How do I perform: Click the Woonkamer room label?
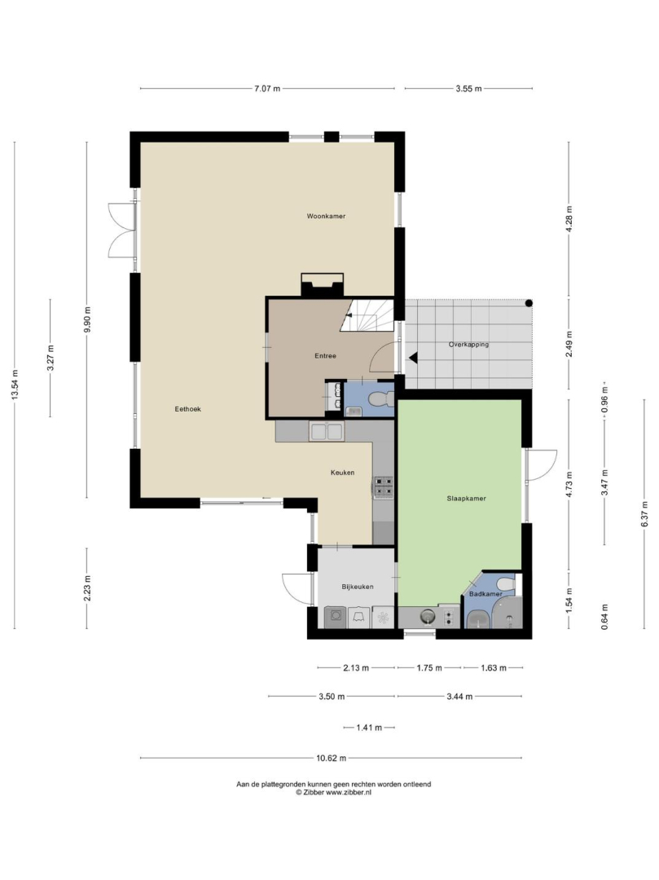coord(326,216)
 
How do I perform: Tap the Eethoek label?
coord(188,409)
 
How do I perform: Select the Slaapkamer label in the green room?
coord(466,499)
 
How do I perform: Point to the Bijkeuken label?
coord(358,587)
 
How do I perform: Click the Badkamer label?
coord(485,594)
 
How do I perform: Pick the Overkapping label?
coord(468,345)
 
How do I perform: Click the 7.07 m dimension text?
coord(267,88)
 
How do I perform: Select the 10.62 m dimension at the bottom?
coord(331,758)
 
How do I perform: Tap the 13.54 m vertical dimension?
coord(15,384)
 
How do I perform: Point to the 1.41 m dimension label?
coord(369,728)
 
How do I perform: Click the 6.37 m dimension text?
coord(644,513)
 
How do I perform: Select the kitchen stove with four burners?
coord(384,487)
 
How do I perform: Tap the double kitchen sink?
coord(327,432)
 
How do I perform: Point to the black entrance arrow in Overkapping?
coord(413,358)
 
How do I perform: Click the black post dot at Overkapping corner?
coord(529,303)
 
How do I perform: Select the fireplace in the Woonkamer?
coord(323,285)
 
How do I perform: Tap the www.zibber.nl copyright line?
coord(334,793)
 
